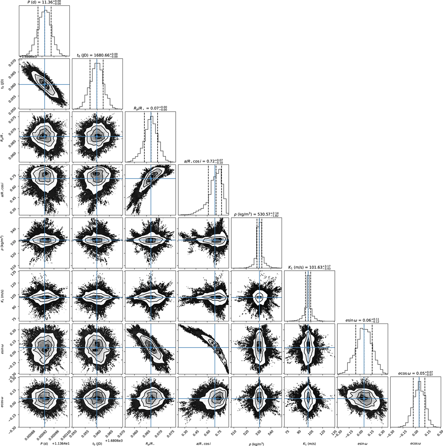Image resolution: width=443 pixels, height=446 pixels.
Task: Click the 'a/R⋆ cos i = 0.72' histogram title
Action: [203, 161]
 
